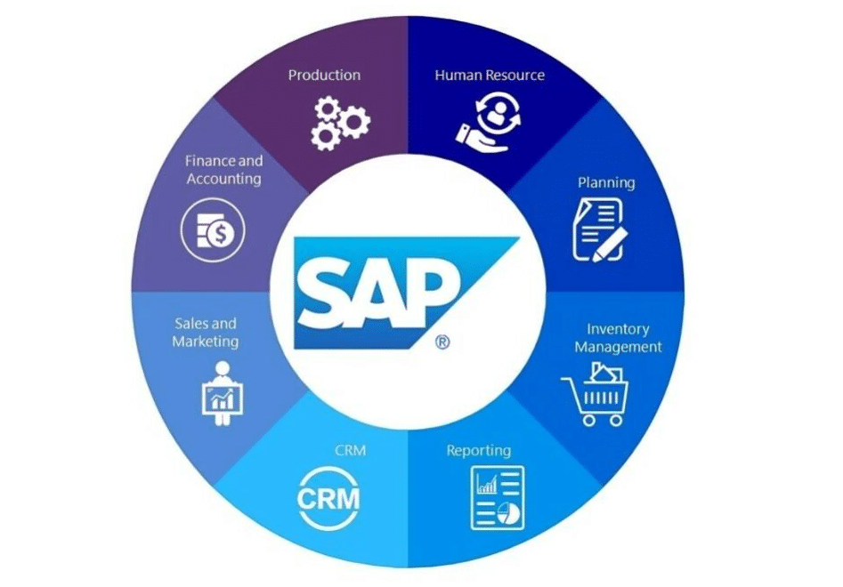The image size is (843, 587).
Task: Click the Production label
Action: [324, 75]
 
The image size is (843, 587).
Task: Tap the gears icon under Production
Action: [340, 124]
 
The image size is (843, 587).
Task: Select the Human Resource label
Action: [490, 75]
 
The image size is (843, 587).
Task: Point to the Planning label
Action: [606, 182]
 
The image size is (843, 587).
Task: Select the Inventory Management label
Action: [618, 338]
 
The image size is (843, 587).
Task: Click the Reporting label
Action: [479, 450]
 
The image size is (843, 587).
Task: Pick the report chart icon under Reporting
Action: [497, 496]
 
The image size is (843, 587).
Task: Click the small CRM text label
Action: [350, 450]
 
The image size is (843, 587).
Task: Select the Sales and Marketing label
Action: [206, 332]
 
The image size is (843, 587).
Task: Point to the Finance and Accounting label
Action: [223, 170]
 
